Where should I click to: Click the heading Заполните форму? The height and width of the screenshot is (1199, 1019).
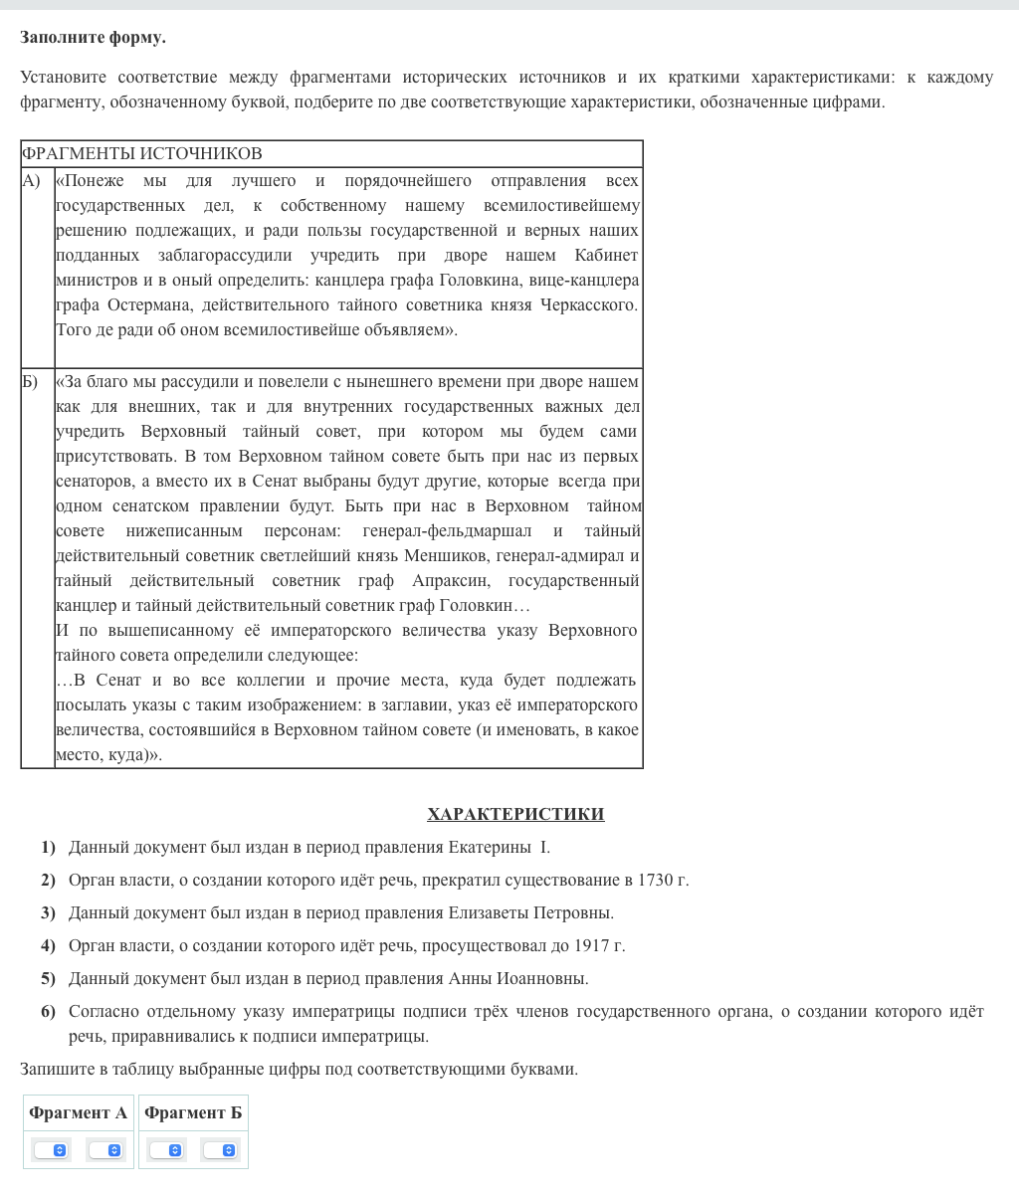tap(93, 38)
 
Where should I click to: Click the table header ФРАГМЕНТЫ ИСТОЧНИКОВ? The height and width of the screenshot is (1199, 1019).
tap(141, 153)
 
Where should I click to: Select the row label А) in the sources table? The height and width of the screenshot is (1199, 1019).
tap(32, 181)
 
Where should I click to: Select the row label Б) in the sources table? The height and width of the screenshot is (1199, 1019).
tap(30, 382)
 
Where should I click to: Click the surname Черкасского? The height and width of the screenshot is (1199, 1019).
tap(588, 305)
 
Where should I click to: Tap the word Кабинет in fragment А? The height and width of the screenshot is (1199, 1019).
tap(606, 256)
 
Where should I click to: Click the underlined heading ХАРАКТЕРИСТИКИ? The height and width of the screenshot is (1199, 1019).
tap(515, 814)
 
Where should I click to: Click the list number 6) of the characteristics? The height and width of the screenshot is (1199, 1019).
tap(48, 1012)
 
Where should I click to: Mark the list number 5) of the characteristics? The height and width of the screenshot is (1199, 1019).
tap(48, 979)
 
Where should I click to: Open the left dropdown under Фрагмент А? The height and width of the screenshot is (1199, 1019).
tap(51, 1150)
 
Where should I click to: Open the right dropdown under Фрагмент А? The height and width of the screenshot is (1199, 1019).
tap(105, 1150)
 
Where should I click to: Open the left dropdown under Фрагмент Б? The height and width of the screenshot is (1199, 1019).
tap(166, 1150)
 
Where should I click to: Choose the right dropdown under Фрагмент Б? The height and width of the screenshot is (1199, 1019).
tap(220, 1150)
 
